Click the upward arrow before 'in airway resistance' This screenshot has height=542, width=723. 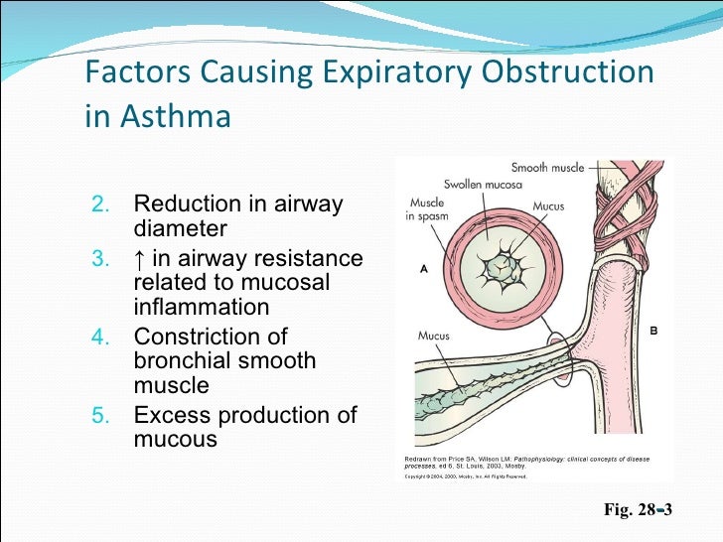point(139,259)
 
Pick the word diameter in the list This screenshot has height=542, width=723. point(180,229)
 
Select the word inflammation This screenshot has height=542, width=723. point(201,308)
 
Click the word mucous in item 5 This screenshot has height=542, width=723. point(175,439)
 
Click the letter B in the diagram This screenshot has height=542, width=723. point(653,329)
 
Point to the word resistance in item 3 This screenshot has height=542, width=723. point(308,259)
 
